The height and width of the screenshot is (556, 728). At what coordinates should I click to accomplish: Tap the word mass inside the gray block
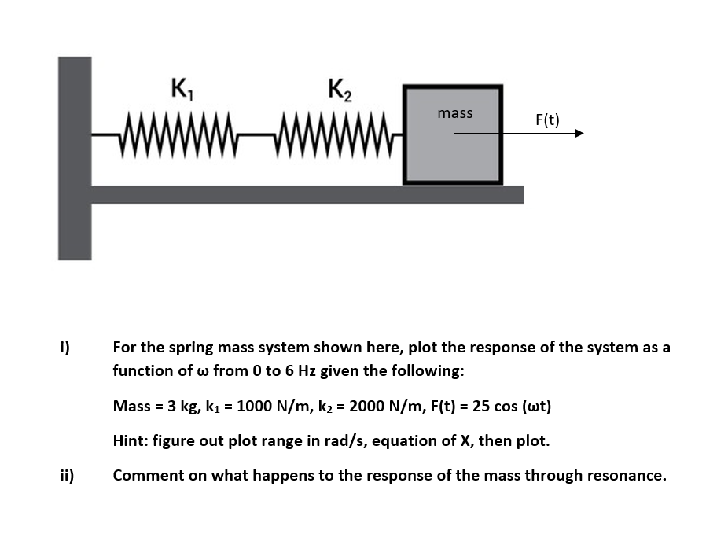455,113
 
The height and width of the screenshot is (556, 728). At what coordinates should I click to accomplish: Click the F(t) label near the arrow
547,120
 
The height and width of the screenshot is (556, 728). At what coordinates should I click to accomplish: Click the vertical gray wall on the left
75,157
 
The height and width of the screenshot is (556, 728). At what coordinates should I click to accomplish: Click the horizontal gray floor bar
307,194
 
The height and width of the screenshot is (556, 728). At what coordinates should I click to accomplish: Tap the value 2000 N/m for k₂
382,406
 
